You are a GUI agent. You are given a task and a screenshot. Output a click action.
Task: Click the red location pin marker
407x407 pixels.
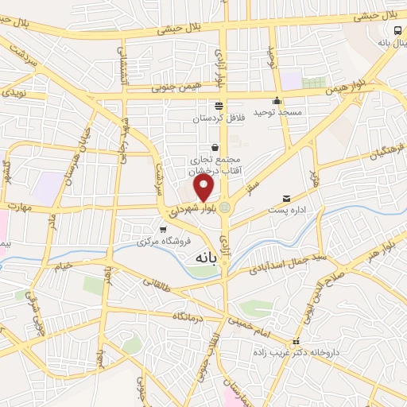pyautogui.click(x=204, y=188)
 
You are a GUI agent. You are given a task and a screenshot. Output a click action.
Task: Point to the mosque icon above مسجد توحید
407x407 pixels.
pyautogui.click(x=277, y=101)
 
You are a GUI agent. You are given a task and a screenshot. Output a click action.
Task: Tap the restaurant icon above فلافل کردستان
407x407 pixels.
pyautogui.click(x=219, y=107)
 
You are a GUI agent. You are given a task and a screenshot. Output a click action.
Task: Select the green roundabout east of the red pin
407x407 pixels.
pyautogui.click(x=225, y=207)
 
